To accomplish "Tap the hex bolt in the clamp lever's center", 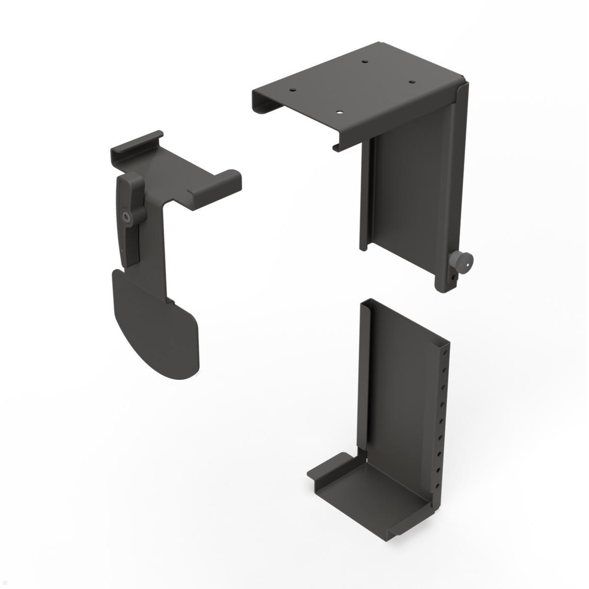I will click(127, 216).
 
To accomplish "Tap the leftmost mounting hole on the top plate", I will click(293, 90).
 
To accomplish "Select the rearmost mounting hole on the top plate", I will click(364, 62).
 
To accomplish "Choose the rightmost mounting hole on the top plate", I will click(411, 82).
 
